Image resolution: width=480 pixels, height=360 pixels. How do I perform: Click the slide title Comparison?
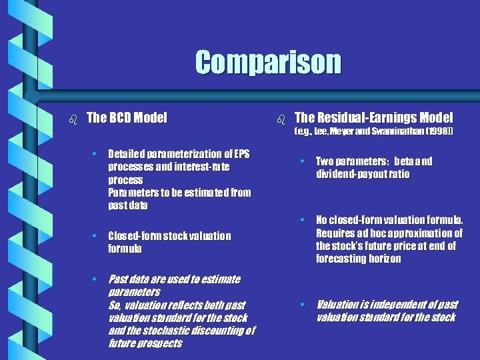(267, 63)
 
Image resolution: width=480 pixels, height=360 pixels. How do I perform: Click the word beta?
(404, 161)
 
